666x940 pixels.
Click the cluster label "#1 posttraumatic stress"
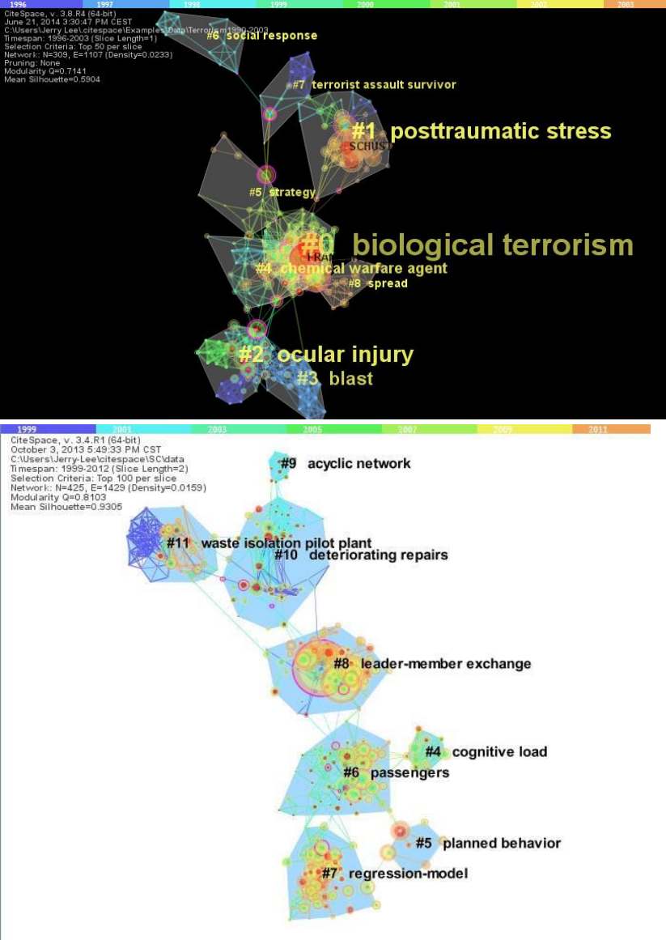481,131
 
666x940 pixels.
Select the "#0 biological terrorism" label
467,245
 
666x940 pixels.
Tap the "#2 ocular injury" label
325,355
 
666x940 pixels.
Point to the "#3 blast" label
335,378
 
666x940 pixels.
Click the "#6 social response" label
261,36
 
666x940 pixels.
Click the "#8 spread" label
378,283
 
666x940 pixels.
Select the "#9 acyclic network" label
346,463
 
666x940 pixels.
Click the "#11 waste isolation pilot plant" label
269,542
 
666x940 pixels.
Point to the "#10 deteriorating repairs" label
360,555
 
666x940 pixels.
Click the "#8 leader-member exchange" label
432,664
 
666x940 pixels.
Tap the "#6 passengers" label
396,773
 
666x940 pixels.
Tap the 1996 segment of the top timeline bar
18,4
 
